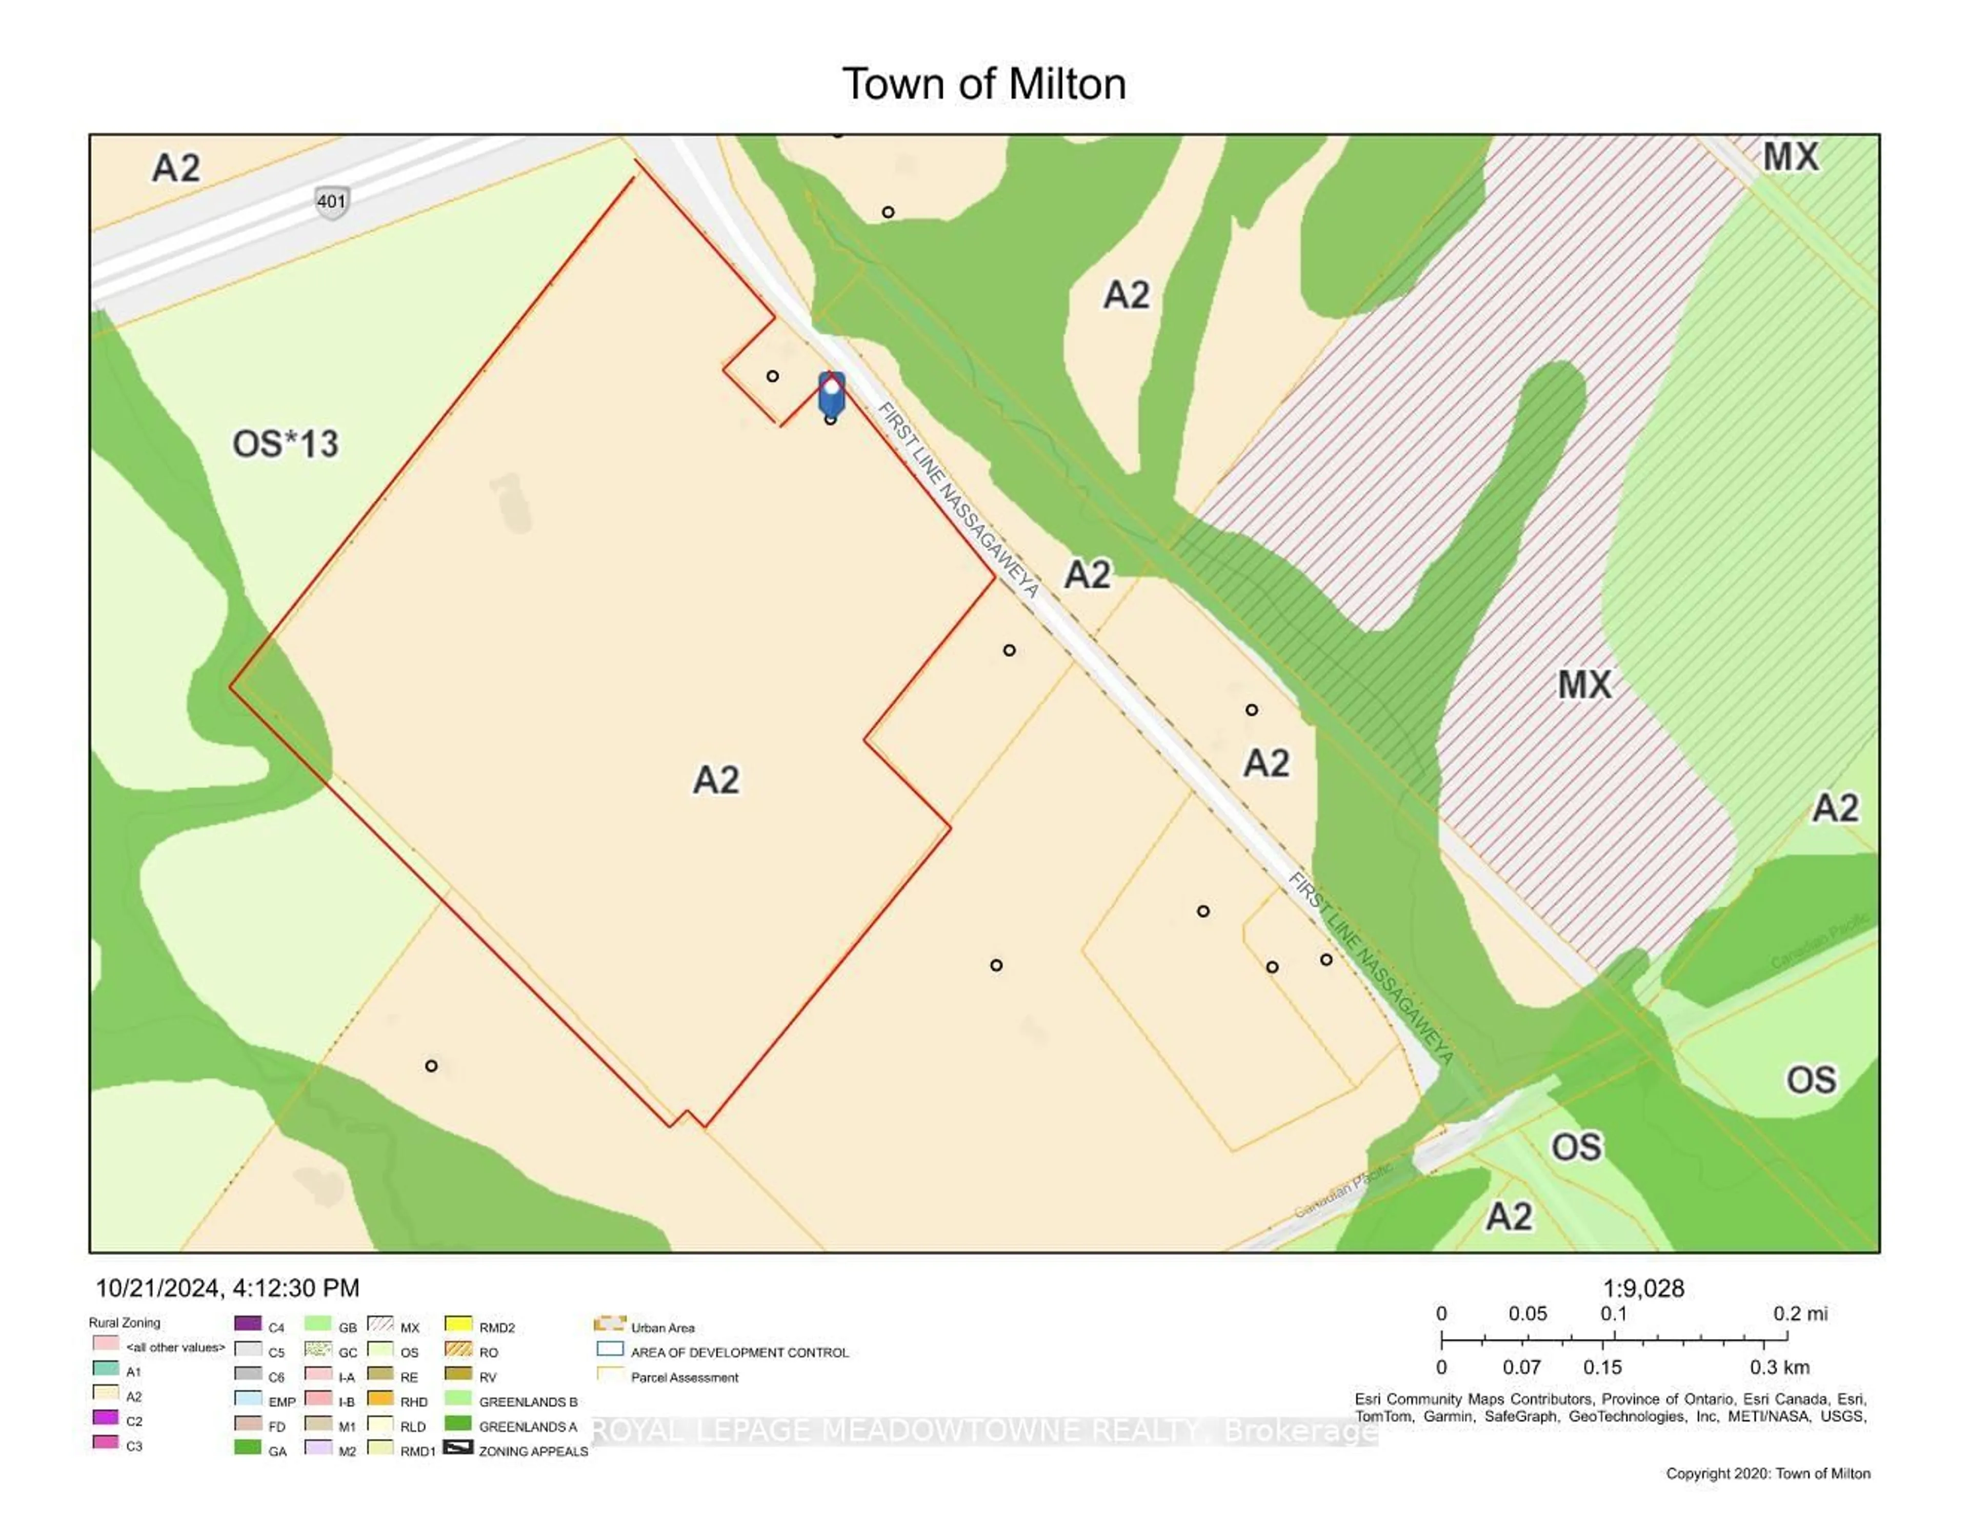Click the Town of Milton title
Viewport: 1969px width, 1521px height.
click(x=983, y=84)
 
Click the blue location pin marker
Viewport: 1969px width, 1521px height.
click(x=831, y=394)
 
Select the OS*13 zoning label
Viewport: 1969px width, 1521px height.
click(x=285, y=443)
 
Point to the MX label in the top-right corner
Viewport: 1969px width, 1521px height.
click(x=1791, y=157)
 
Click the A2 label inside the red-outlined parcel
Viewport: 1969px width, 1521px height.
click(x=716, y=780)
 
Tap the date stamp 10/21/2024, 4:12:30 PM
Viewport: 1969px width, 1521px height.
click(x=227, y=1287)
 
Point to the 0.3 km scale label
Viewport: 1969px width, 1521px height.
click(x=1779, y=1367)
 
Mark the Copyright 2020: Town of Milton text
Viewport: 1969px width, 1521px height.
click(x=1767, y=1473)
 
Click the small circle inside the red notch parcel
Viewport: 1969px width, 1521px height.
click(x=773, y=376)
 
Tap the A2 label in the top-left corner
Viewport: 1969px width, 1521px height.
click(x=176, y=168)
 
